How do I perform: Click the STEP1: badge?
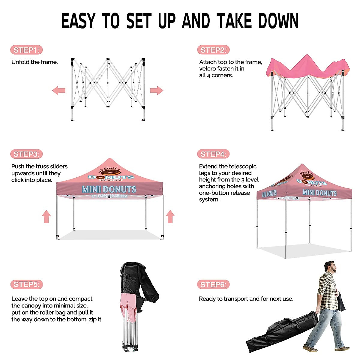point(26,50)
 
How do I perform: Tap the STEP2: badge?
point(213,50)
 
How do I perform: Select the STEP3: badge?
point(26,154)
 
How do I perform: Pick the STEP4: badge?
point(213,154)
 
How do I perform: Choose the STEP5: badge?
point(26,284)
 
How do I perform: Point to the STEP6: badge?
point(213,284)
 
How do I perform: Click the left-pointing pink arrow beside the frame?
point(59,90)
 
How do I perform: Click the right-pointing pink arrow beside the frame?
point(156,90)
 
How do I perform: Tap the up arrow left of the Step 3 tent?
point(46,216)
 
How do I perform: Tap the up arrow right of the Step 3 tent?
point(170,216)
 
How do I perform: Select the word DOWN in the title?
point(278,21)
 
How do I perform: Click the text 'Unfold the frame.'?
point(34,62)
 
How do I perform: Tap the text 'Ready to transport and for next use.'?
point(246,299)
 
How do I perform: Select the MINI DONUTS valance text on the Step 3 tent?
point(109,190)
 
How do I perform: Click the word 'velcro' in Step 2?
point(207,69)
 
